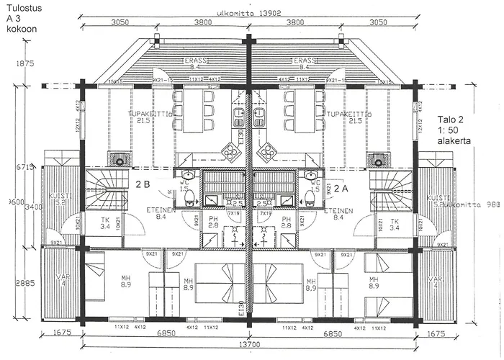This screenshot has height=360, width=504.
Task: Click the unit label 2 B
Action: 143,184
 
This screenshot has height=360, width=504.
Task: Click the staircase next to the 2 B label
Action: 103,189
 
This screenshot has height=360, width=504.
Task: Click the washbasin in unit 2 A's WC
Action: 311,175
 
